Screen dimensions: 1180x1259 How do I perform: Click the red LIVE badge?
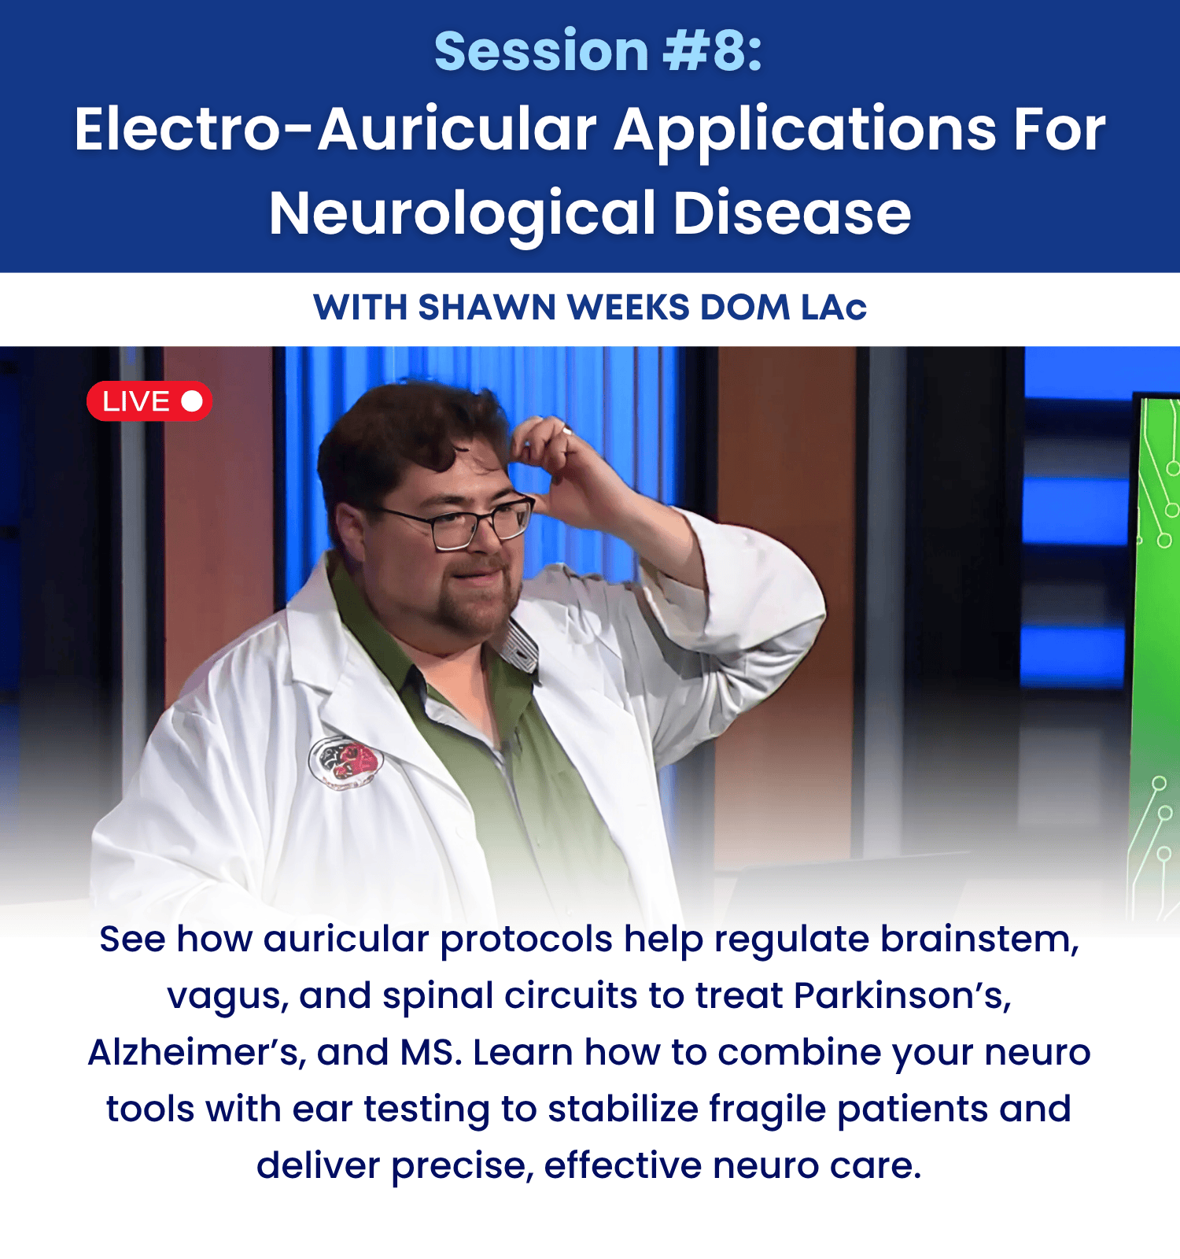point(149,401)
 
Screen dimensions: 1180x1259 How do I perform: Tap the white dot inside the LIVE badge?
point(192,401)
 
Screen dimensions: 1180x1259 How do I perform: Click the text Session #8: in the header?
point(599,51)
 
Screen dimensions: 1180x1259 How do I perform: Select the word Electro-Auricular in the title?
point(336,129)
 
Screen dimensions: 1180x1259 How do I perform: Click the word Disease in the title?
point(792,214)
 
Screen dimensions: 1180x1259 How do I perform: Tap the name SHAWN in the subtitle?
point(487,308)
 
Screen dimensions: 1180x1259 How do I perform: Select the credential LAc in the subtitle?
point(834,308)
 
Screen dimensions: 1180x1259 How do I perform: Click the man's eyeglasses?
point(464,522)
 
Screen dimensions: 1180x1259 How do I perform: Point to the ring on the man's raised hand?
point(566,430)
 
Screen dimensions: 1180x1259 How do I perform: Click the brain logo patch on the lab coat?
point(346,762)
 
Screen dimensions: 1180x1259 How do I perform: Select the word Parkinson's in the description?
point(902,996)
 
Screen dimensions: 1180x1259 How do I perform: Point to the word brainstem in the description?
point(979,940)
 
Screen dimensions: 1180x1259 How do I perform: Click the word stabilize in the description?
point(623,1109)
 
